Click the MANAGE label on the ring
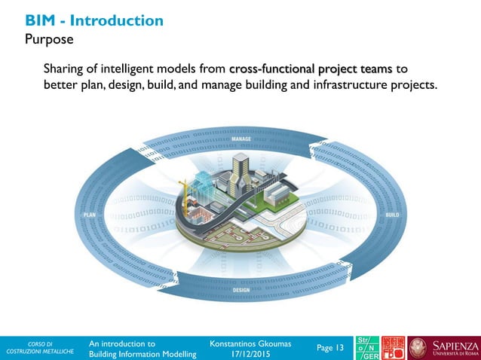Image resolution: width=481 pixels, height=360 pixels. click(241, 139)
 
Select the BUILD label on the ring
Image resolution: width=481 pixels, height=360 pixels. click(392, 215)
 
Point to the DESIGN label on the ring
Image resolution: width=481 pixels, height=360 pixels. click(241, 290)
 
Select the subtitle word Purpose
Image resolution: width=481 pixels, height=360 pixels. click(49, 38)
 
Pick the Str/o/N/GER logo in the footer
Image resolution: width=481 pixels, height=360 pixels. click(366, 348)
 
